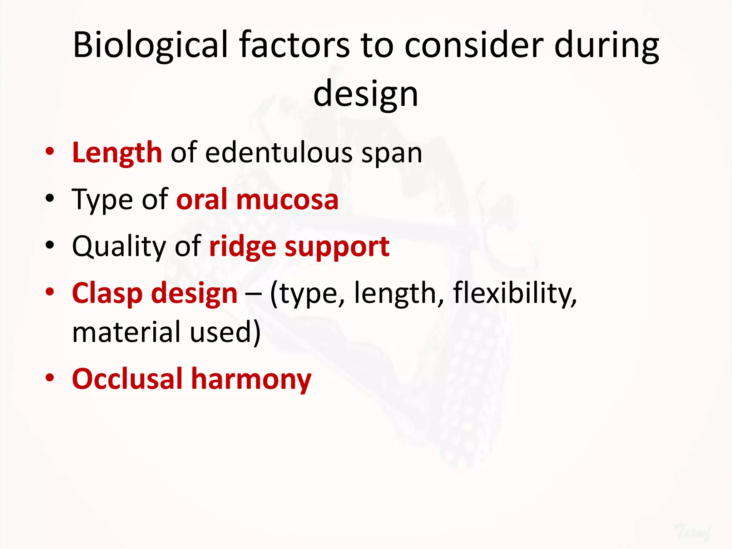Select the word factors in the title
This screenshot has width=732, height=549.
pyautogui.click(x=295, y=45)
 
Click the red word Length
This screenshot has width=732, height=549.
pyautogui.click(x=117, y=153)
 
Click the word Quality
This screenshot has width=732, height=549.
pyautogui.click(x=119, y=247)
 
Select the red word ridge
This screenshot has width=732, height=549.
pyautogui.click(x=242, y=247)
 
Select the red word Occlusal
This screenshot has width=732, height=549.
pyautogui.click(x=127, y=379)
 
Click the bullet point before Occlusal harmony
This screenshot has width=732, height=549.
pyautogui.click(x=50, y=378)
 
